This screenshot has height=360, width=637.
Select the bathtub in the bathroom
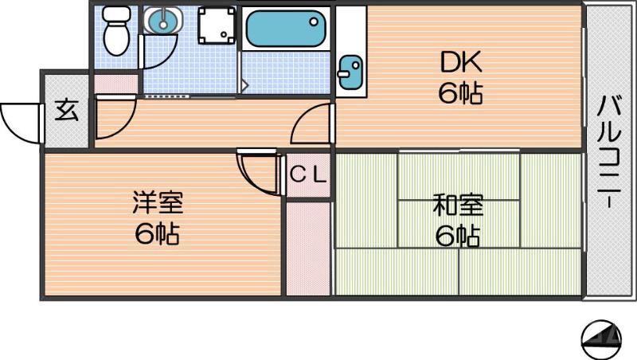285,29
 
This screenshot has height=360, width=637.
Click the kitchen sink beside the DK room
349,73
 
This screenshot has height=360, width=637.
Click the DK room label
459,63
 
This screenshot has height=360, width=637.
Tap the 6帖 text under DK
459,95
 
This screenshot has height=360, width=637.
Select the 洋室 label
158,203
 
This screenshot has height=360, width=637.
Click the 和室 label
457,205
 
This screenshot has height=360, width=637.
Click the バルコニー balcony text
610,151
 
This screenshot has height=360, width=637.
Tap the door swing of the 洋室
261,170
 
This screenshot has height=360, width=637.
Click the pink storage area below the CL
308,247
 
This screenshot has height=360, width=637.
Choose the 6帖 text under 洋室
156,235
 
